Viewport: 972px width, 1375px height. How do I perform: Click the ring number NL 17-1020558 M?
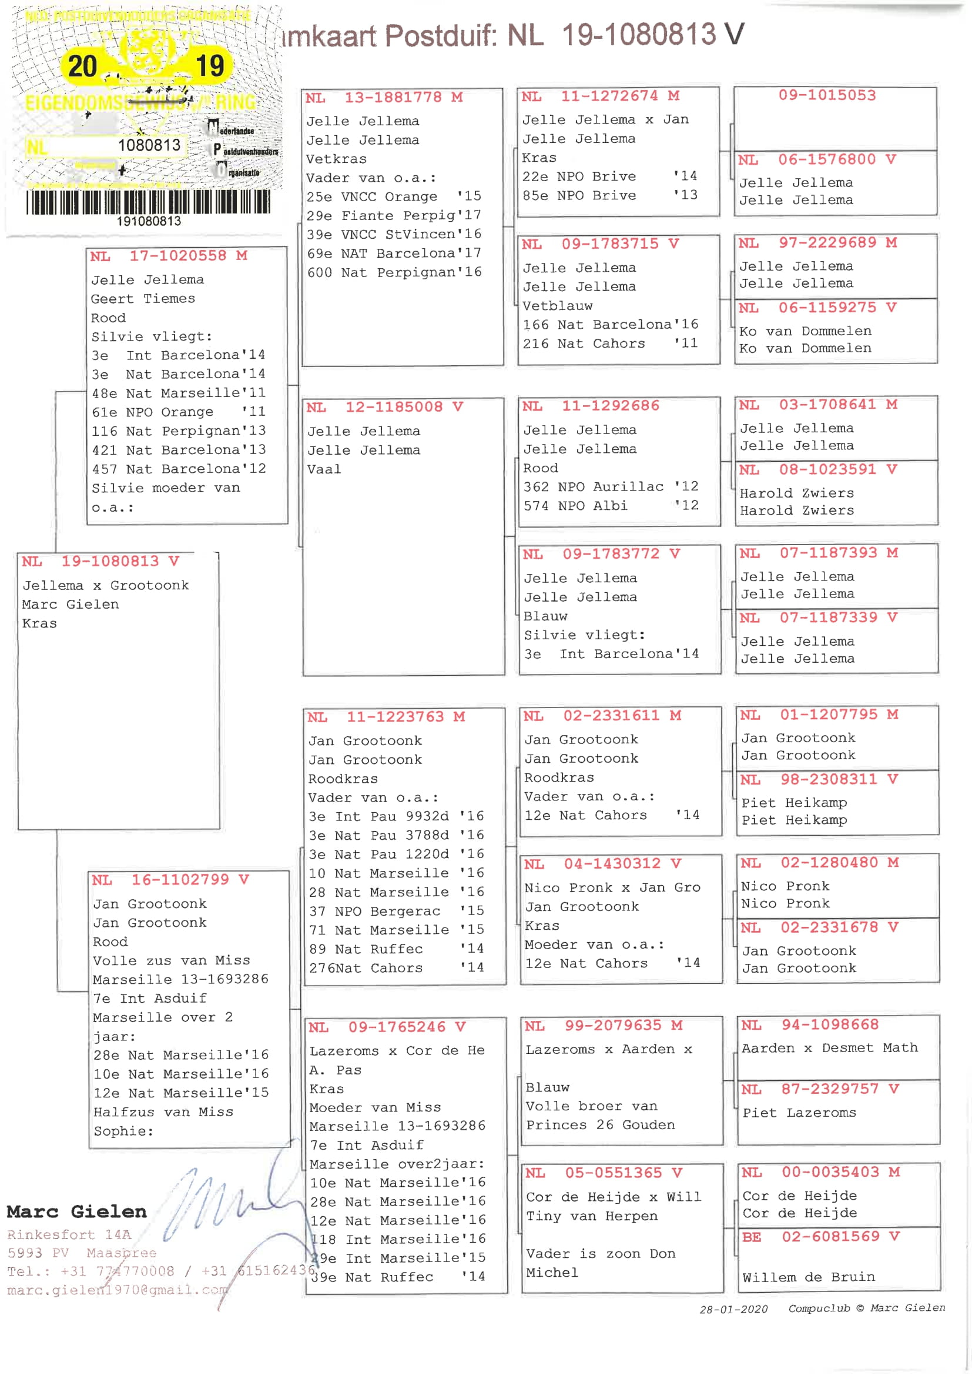tap(168, 256)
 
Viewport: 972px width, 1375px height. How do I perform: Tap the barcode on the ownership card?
tap(148, 202)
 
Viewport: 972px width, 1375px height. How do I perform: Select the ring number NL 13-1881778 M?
tap(384, 98)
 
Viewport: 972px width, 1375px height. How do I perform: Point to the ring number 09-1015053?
tap(827, 95)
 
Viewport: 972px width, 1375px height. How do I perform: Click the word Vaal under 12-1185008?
tap(324, 469)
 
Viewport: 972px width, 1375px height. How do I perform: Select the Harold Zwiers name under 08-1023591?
tap(796, 493)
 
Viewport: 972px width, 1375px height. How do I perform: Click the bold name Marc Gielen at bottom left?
tap(76, 1212)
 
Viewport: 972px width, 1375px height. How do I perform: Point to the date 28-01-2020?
tap(733, 1309)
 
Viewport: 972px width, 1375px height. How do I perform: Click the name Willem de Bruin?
tap(808, 1277)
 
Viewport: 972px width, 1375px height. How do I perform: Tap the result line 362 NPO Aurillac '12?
tap(611, 487)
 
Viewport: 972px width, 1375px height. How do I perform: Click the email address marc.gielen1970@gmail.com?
tap(118, 1290)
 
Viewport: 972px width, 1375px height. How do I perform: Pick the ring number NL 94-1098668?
tap(809, 1024)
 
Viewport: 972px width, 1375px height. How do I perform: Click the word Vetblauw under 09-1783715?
tap(557, 306)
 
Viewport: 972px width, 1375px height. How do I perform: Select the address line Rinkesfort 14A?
tap(69, 1234)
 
